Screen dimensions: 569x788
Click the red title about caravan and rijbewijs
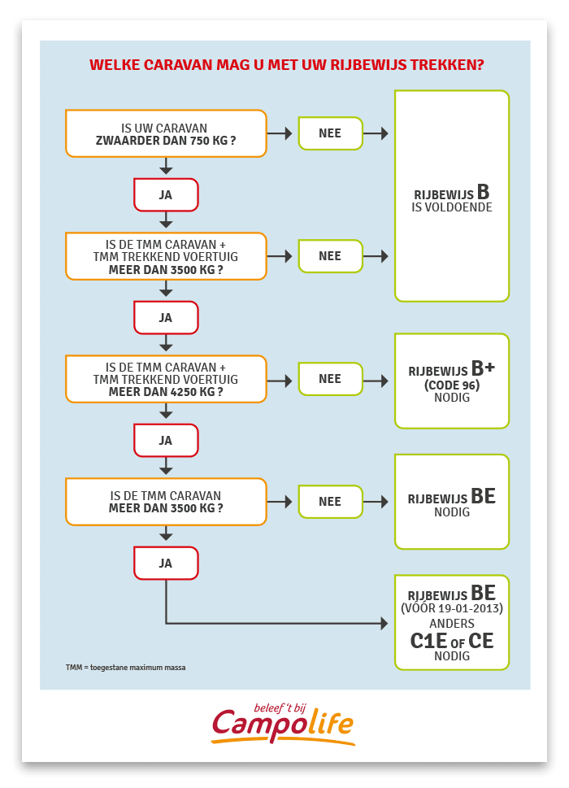coord(286,65)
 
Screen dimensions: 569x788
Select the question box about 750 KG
coord(166,133)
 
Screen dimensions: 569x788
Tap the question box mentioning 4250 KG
coord(166,380)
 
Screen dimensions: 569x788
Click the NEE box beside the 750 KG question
coord(331,133)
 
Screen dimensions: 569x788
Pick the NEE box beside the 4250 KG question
coord(331,379)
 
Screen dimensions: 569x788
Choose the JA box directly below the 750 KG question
coord(166,195)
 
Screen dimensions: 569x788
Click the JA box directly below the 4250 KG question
coord(166,441)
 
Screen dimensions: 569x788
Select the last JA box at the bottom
coord(166,564)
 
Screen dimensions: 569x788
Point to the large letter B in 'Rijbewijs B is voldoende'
coord(483,192)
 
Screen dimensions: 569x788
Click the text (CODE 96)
coord(452,385)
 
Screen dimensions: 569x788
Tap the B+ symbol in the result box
coord(483,368)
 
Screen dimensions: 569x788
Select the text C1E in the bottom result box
coord(428,641)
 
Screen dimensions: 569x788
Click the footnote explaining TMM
coord(125,668)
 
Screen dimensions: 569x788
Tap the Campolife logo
coord(283,725)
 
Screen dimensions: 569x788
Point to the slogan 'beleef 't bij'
coord(280,708)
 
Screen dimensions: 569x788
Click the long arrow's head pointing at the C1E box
coord(384,624)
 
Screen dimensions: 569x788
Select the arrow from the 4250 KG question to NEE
coord(280,381)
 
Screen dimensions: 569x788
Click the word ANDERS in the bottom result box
coord(452,624)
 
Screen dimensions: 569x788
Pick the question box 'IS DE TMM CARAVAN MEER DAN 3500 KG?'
coord(166,502)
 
